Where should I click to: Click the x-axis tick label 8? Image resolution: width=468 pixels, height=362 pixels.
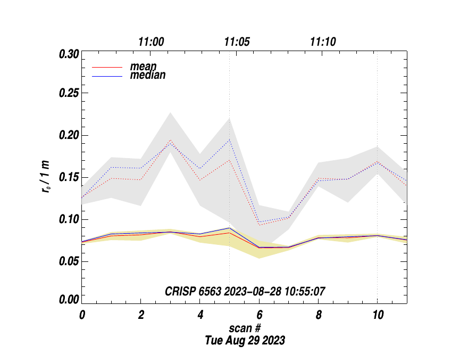pos(318,315)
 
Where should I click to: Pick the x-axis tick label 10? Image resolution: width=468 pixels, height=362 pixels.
pos(377,315)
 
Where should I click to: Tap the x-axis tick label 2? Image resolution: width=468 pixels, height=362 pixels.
pos(141,315)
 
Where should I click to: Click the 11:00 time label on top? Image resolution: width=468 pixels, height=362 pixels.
pos(151,42)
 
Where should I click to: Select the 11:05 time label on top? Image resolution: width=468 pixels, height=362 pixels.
pos(237,42)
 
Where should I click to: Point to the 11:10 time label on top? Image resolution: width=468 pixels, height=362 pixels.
pos(323,42)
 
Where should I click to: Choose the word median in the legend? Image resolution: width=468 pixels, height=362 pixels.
pos(147,76)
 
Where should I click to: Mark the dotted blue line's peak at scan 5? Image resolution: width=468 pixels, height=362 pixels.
pos(229,140)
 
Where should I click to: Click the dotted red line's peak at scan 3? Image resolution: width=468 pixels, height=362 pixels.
pos(170,140)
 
